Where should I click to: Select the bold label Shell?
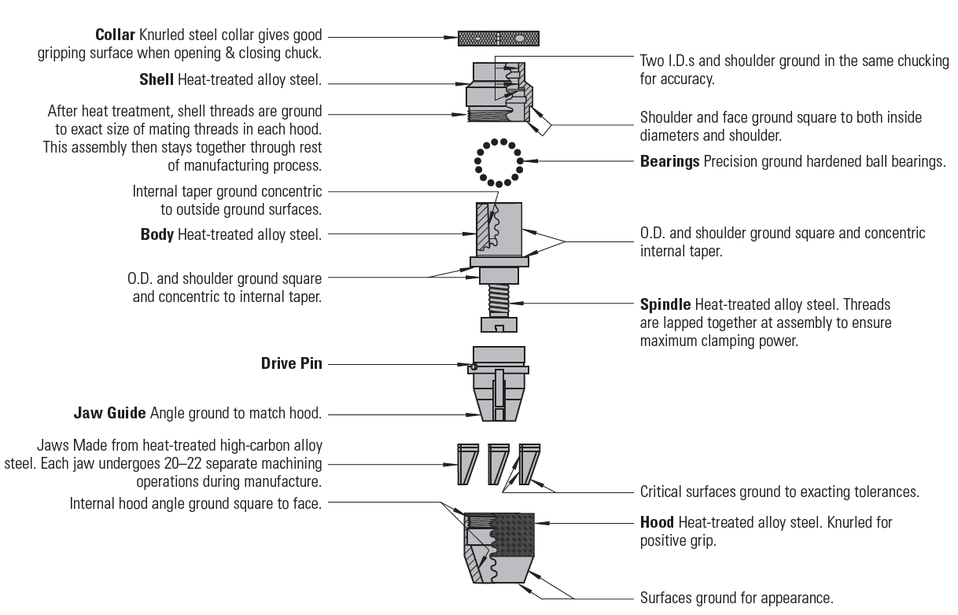click(157, 79)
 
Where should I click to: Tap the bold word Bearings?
click(669, 162)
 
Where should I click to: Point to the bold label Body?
click(157, 234)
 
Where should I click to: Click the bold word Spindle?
click(665, 304)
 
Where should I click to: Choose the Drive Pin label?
click(291, 364)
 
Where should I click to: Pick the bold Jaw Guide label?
click(110, 413)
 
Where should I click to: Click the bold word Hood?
click(657, 522)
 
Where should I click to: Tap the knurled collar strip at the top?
click(499, 38)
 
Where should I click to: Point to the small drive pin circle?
click(474, 366)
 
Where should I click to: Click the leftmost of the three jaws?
click(466, 463)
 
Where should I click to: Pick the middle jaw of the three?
click(499, 463)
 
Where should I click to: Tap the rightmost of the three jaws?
click(529, 463)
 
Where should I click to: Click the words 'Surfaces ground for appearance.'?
click(736, 598)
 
